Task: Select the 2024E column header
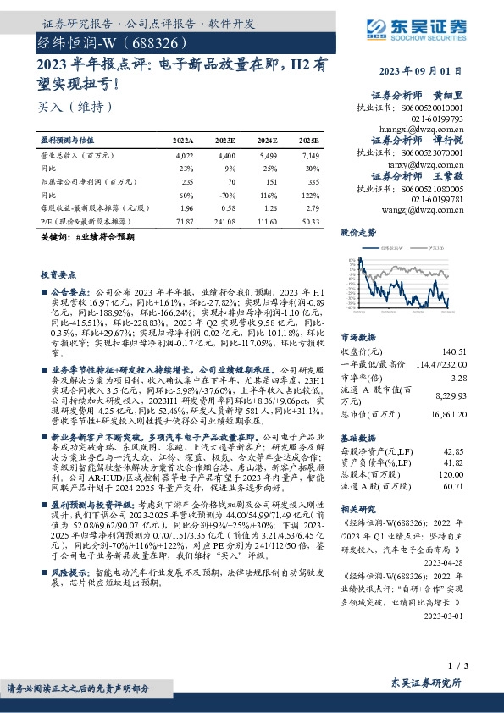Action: pyautogui.click(x=267, y=140)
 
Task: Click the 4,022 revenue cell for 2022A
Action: pyautogui.click(x=184, y=156)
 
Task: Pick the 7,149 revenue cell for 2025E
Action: pyautogui.click(x=308, y=156)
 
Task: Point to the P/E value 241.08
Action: pyautogui.click(x=224, y=219)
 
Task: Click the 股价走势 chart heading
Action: pyautogui.click(x=358, y=231)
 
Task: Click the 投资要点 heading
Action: pyautogui.click(x=58, y=275)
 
